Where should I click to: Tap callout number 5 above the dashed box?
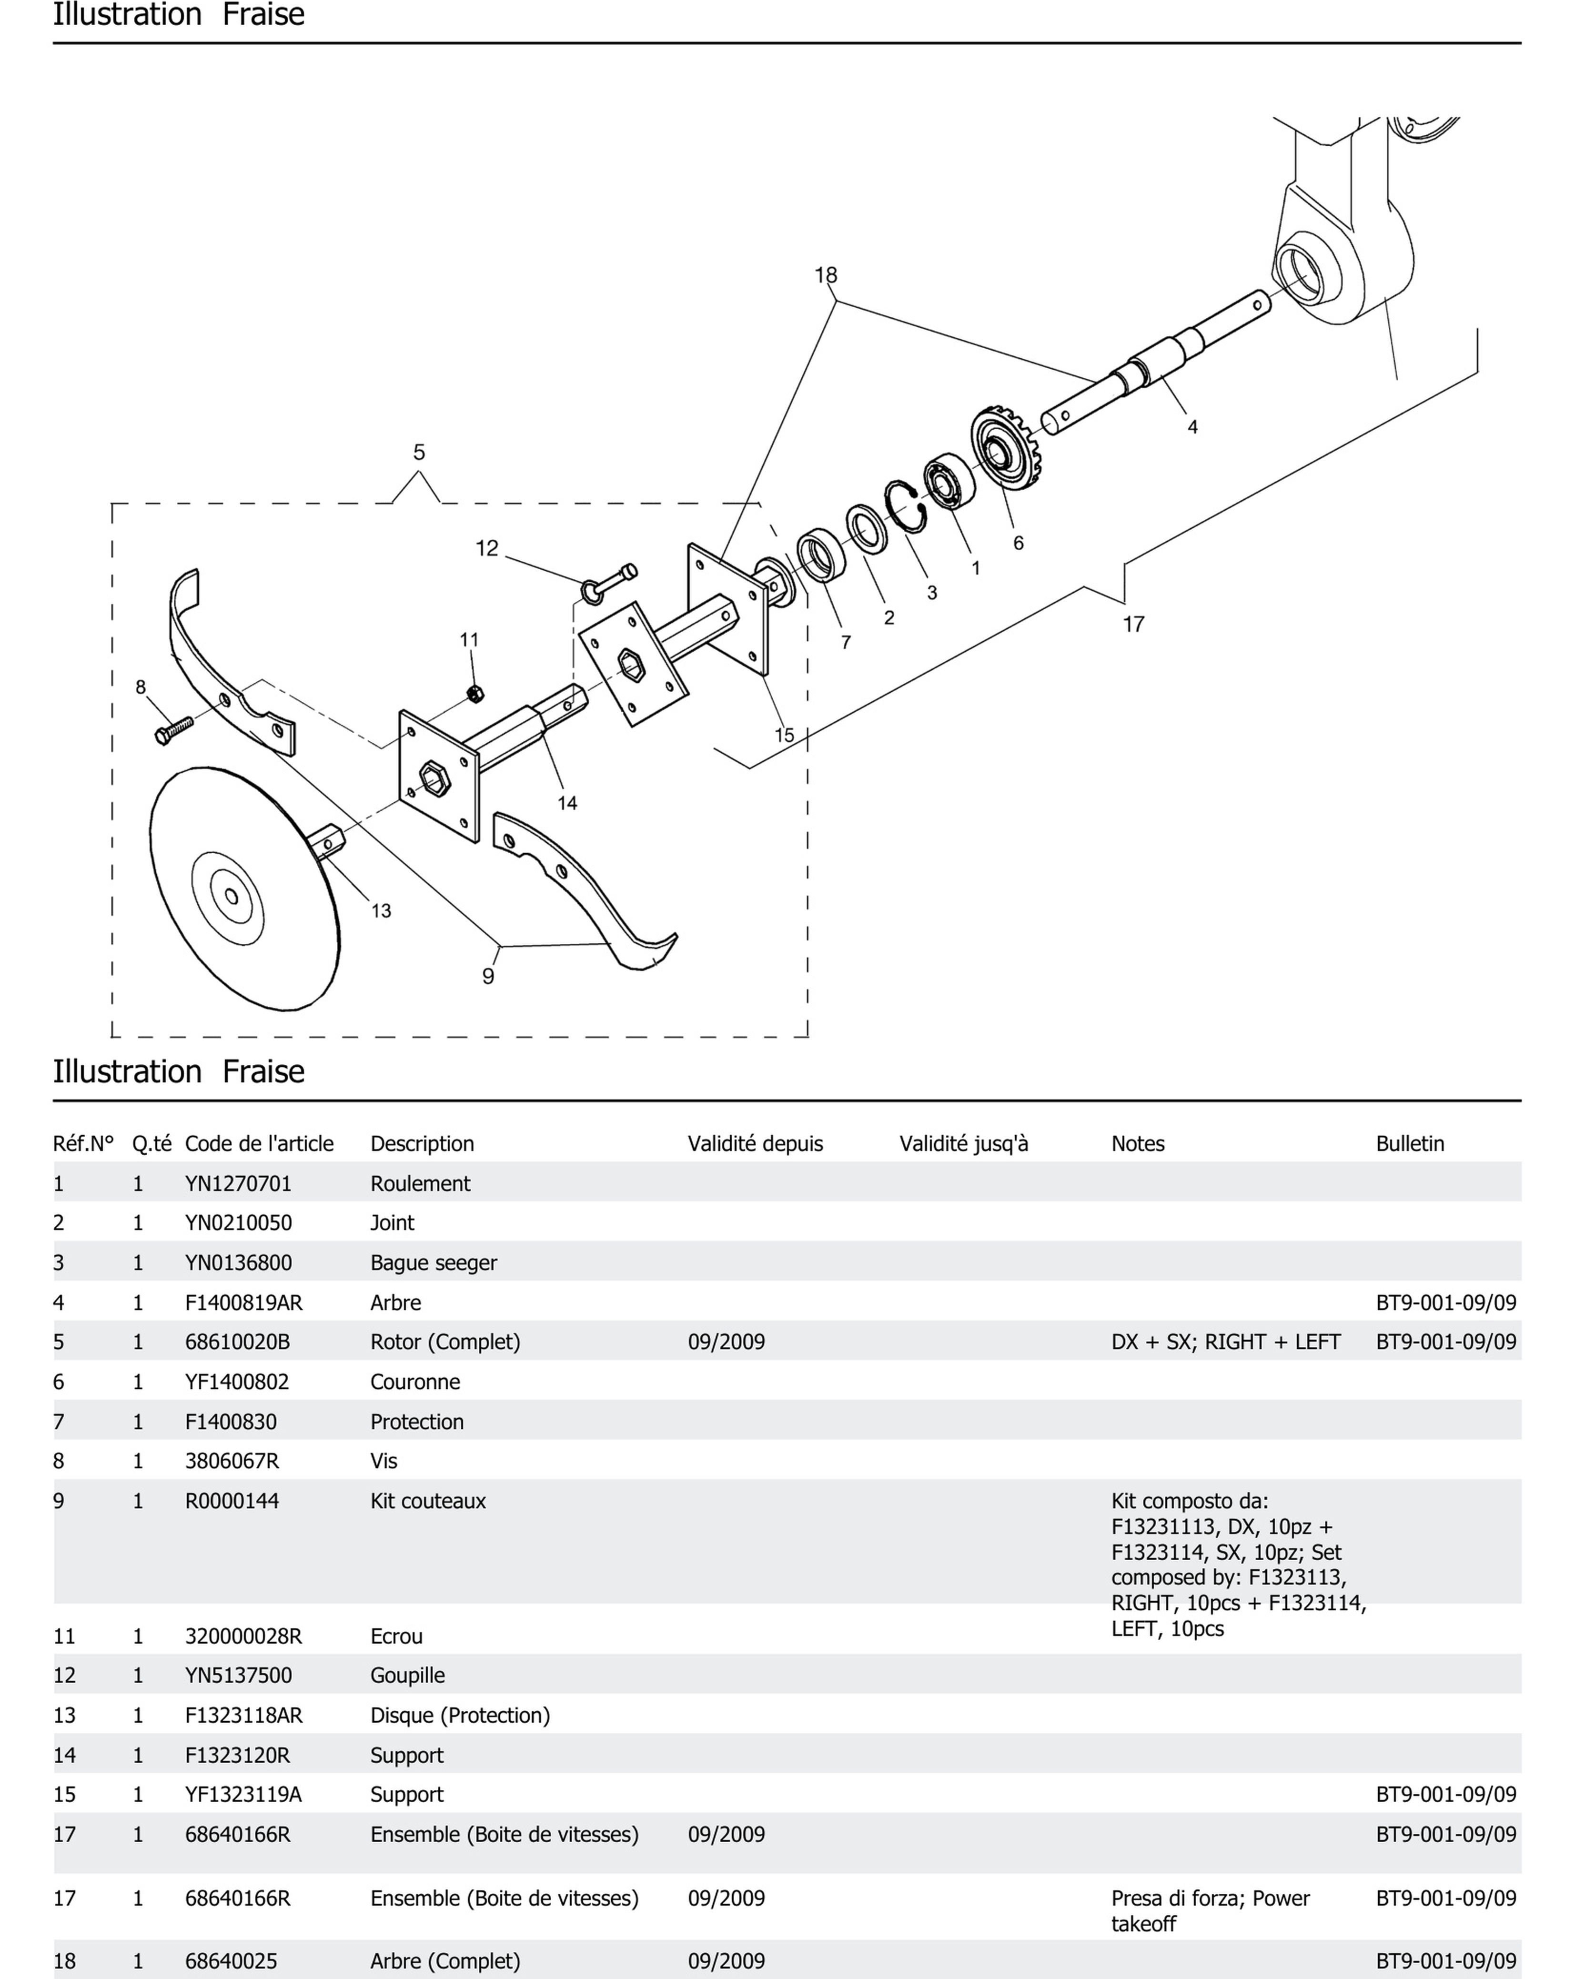[x=419, y=453]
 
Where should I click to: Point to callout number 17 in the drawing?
[x=1133, y=624]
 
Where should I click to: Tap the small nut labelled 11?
[x=475, y=693]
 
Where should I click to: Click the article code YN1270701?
[x=238, y=1183]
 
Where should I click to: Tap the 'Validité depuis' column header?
[x=755, y=1144]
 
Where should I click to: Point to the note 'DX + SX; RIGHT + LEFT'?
[x=1225, y=1342]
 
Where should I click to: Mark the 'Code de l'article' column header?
[x=259, y=1144]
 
